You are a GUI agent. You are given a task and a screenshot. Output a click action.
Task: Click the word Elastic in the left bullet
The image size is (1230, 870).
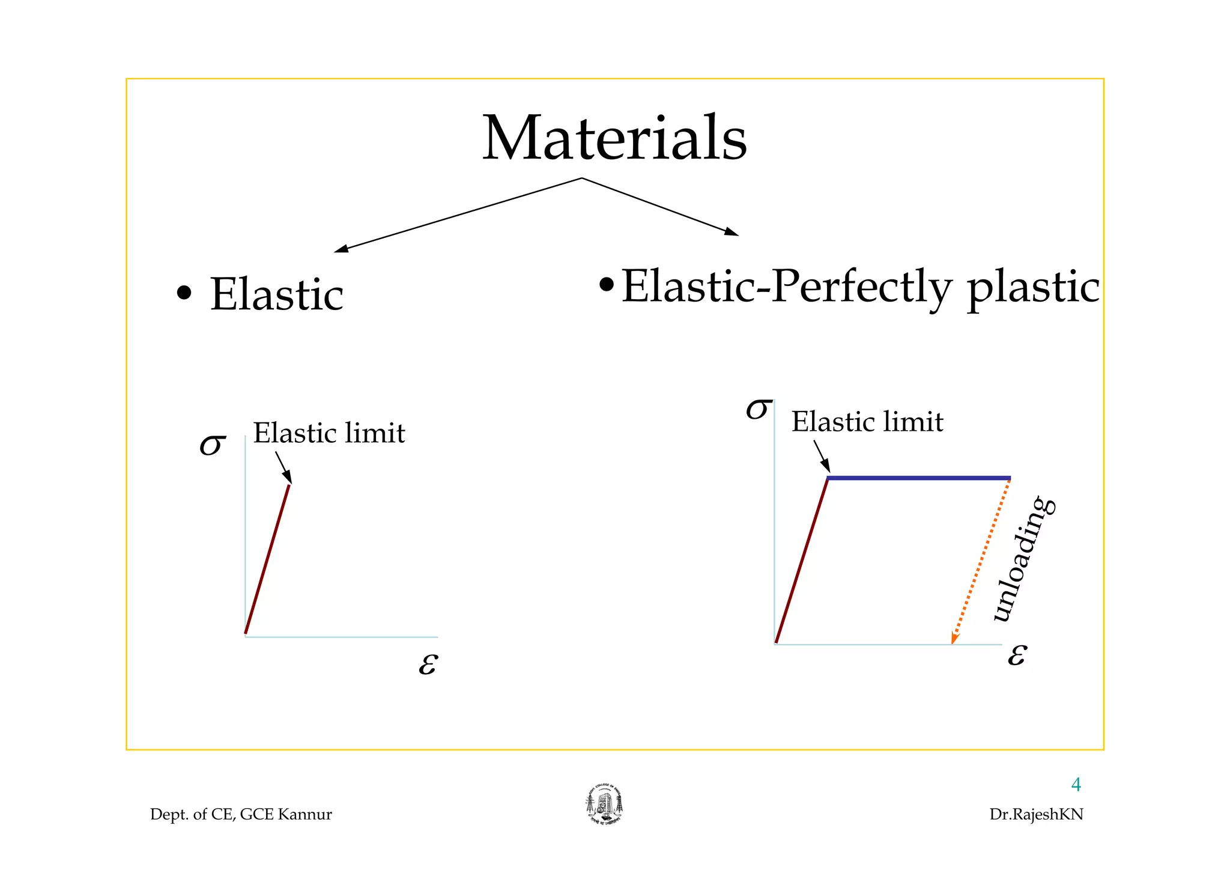pos(276,294)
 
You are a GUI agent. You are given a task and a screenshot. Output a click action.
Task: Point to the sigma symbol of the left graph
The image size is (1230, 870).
pos(213,445)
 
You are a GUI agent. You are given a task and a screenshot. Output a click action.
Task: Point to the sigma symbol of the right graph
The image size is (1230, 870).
pos(758,410)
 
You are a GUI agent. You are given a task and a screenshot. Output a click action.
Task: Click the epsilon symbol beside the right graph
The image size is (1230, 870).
pos(1017,655)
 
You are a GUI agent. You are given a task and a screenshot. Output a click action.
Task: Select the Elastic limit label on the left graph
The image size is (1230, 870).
pos(329,433)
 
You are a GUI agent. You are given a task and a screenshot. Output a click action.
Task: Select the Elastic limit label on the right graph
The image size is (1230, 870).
pos(867,422)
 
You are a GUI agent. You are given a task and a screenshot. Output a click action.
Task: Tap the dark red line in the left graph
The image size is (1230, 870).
pos(267,559)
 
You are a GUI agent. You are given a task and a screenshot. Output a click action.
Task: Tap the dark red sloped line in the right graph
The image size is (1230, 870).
pos(802,560)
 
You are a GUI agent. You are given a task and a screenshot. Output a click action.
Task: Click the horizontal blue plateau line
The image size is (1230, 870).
pos(919,478)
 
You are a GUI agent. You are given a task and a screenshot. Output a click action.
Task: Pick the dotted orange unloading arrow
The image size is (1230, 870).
pos(980,562)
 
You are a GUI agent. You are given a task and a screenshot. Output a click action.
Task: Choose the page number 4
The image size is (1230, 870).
pos(1076,785)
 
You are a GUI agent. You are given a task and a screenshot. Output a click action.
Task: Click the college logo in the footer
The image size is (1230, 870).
pos(604,805)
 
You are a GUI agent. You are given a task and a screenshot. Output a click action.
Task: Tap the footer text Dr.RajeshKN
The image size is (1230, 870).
pos(1036,815)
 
